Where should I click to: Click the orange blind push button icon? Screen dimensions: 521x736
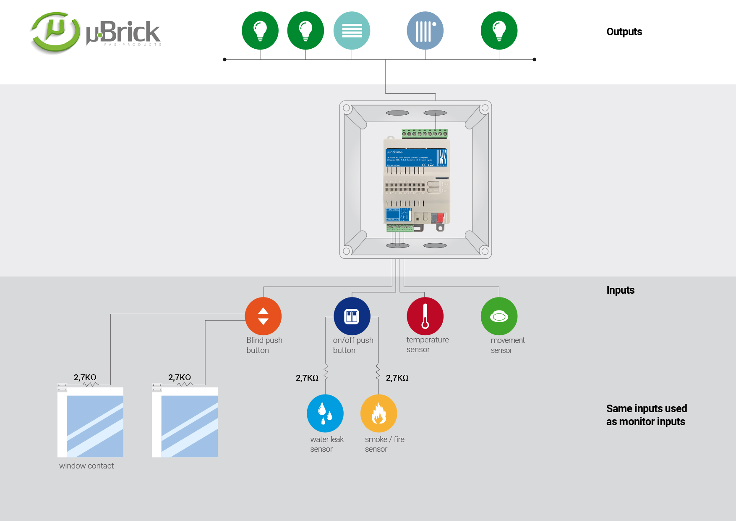point(263,316)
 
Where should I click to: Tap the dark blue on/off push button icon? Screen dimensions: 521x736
point(352,316)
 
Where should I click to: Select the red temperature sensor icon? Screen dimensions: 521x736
point(425,316)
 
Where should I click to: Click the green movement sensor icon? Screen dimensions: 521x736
point(499,316)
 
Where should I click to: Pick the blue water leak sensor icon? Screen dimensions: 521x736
point(325,413)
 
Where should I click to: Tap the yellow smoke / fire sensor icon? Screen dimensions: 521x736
point(378,413)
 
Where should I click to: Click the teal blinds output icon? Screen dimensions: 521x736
point(352,30)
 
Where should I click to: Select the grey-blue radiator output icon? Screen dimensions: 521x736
point(425,30)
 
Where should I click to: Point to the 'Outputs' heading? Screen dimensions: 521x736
point(624,32)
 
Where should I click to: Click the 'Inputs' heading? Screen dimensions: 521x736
point(620,290)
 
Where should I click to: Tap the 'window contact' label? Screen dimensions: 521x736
point(86,466)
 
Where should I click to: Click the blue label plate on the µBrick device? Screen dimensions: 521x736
point(416,158)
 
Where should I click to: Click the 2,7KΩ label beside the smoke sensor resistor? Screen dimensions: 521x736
point(397,378)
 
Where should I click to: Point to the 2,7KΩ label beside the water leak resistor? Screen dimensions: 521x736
point(307,378)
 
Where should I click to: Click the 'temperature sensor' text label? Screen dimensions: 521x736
point(427,345)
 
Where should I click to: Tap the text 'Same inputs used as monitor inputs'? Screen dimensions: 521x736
point(646,415)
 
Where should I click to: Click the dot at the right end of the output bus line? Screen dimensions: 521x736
point(534,60)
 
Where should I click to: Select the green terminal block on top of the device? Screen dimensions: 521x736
point(425,134)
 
